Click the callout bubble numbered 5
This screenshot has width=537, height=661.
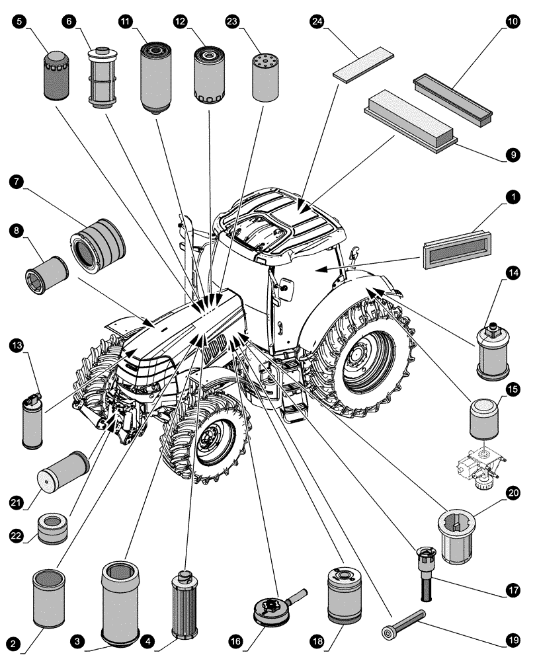pyautogui.click(x=19, y=21)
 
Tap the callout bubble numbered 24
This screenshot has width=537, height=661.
pyautogui.click(x=317, y=21)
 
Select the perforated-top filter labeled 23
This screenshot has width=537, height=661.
pyautogui.click(x=265, y=77)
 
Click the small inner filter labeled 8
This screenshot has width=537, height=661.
pyautogui.click(x=46, y=272)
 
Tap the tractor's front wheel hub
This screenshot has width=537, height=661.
pyautogui.click(x=213, y=436)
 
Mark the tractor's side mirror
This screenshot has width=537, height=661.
pyautogui.click(x=286, y=286)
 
